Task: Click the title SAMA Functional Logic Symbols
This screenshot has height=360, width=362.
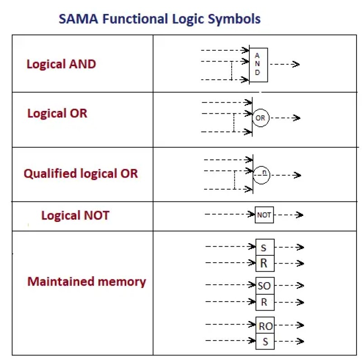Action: pos(160,19)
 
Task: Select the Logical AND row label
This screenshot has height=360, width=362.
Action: pos(61,64)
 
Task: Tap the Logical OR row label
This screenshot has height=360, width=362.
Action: pos(57,113)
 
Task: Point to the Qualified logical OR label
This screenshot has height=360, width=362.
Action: pos(81,173)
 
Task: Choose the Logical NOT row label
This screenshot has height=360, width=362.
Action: pos(75,215)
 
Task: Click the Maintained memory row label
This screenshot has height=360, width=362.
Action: pos(86,282)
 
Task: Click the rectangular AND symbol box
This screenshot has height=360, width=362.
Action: pos(258,65)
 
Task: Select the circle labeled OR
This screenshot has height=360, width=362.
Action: pos(260,118)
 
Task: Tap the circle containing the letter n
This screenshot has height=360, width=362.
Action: pos(262,175)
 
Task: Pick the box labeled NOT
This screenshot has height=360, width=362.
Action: pos(264,215)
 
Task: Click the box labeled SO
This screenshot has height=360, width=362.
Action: pos(264,286)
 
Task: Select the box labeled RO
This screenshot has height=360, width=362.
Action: pos(265,326)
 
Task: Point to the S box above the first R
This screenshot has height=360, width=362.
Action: pos(264,248)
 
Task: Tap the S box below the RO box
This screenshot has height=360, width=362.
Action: pos(265,341)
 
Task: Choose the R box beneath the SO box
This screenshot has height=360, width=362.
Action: pos(264,302)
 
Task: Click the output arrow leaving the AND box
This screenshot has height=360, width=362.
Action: pos(284,64)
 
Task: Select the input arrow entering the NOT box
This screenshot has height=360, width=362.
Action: pos(230,214)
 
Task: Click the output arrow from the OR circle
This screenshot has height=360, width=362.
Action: pos(285,118)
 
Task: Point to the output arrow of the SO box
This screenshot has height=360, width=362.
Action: pos(290,286)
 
